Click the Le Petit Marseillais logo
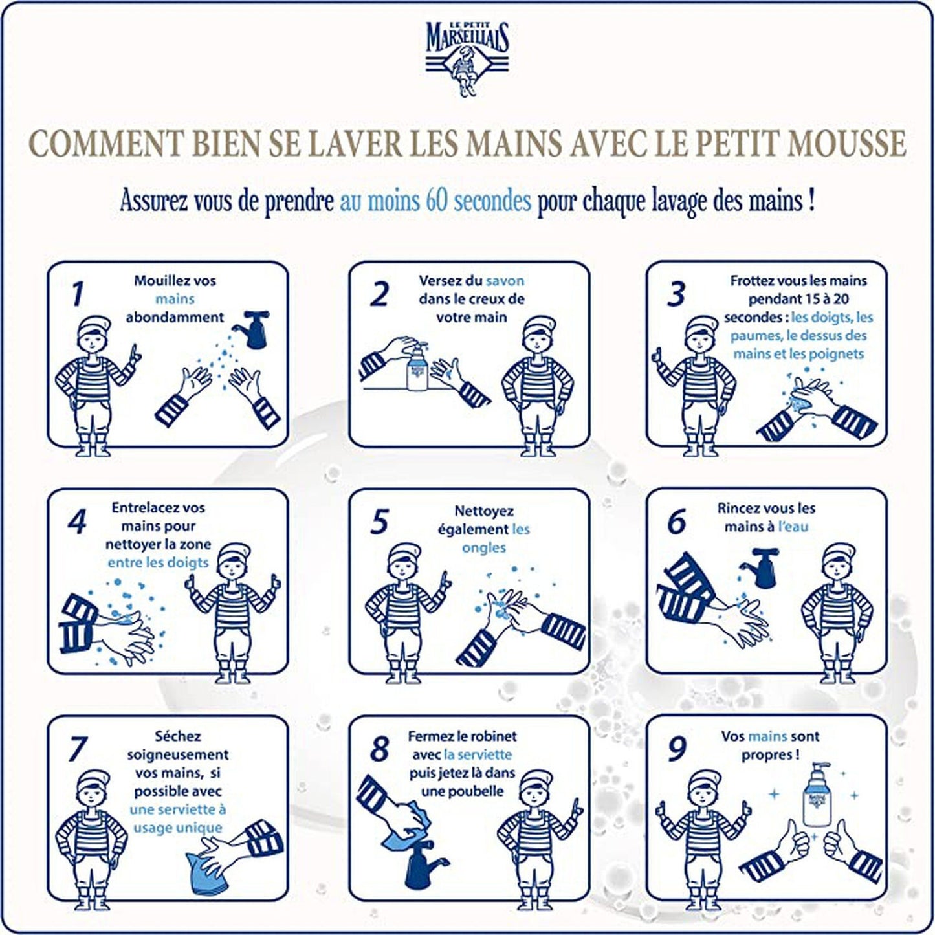(x=467, y=59)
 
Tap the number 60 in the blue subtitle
(x=436, y=201)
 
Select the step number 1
(x=77, y=294)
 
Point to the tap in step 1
(x=253, y=329)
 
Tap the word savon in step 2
(x=505, y=281)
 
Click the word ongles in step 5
(x=484, y=548)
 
